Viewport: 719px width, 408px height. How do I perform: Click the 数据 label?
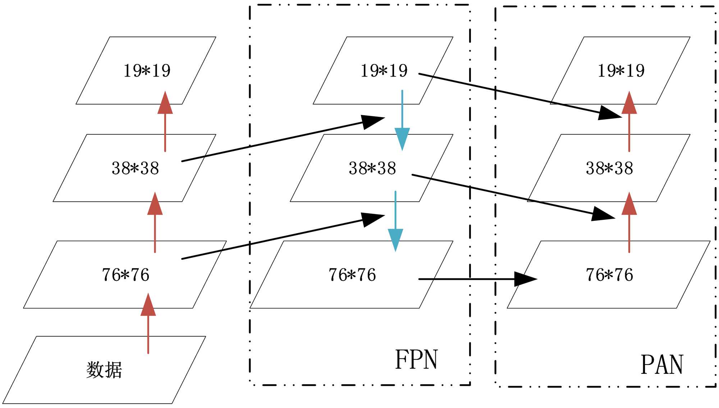pyautogui.click(x=104, y=370)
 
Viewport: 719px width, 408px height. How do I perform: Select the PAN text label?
pyautogui.click(x=662, y=365)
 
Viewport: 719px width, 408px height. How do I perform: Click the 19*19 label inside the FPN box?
pyautogui.click(x=384, y=70)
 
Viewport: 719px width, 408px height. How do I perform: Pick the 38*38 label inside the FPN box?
pyautogui.click(x=372, y=168)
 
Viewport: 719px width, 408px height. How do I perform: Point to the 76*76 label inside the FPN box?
pyautogui.click(x=352, y=275)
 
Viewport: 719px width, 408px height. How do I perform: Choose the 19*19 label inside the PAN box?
pyautogui.click(x=621, y=70)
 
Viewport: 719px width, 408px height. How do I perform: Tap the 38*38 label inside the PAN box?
pyautogui.click(x=609, y=168)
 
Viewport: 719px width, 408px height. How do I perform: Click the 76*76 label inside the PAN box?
pyautogui.click(x=609, y=275)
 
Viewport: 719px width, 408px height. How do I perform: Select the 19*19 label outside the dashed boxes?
pyautogui.click(x=147, y=70)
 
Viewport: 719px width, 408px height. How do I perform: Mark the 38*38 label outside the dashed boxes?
pyautogui.click(x=135, y=168)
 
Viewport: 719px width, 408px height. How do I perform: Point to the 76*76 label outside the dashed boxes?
pyautogui.click(x=125, y=275)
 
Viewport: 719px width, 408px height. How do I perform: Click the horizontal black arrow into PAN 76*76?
pyautogui.click(x=478, y=279)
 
